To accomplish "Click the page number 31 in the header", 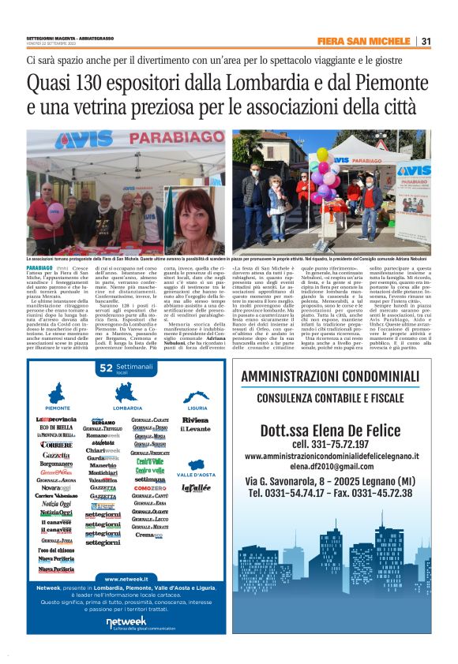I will click(x=426, y=42).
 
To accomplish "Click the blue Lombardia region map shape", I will click(x=128, y=393).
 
